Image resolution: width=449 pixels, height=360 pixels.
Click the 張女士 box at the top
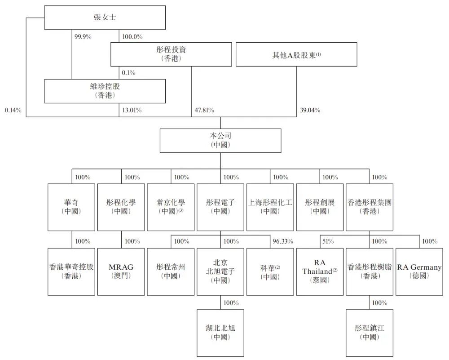point(105,18)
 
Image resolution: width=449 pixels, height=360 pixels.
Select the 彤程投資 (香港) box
point(171,54)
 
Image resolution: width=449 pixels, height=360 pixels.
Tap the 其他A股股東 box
point(296,54)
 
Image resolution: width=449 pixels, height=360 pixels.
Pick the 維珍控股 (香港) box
point(105,91)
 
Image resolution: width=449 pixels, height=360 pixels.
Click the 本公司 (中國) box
point(220,140)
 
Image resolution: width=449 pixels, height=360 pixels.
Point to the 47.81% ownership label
point(204,110)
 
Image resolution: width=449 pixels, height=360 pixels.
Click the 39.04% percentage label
point(310,110)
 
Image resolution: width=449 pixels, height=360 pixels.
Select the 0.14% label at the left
point(13,110)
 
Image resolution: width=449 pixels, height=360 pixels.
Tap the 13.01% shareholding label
point(132,110)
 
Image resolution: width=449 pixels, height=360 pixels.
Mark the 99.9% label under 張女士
point(83,37)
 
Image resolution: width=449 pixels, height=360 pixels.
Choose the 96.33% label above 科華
point(282,241)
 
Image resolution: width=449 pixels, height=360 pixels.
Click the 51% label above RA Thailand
point(328,241)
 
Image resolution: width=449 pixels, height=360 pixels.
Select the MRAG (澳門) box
point(121,272)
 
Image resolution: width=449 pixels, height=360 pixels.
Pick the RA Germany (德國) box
point(419,272)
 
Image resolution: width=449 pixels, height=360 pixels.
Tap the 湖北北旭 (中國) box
point(220,333)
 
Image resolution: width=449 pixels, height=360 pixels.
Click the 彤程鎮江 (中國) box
point(370,333)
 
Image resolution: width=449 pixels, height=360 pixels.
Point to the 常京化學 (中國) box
point(171,207)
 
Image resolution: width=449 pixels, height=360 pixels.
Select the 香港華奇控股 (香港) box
point(71,272)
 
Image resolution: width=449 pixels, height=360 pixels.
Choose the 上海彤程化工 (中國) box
point(270,207)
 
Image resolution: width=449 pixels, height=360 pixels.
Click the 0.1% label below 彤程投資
point(128,73)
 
